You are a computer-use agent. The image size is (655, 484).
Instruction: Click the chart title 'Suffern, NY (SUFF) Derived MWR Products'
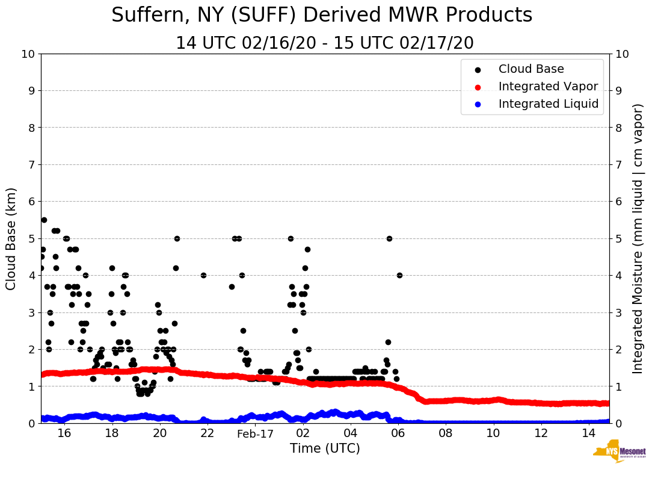click(x=322, y=15)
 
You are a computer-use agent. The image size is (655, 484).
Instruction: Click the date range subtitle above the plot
click(x=325, y=43)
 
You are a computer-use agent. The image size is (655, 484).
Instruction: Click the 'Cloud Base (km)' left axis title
click(x=11, y=238)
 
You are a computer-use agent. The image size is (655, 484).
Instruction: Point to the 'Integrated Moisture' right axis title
click(x=638, y=238)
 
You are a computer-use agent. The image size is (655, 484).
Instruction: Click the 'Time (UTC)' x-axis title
click(x=325, y=448)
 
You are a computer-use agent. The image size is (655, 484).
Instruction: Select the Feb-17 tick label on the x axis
click(x=255, y=434)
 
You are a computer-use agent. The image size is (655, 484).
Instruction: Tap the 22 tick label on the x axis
click(x=208, y=434)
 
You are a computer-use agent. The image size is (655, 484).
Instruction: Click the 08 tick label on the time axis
click(x=446, y=434)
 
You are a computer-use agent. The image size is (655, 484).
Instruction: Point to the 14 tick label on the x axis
click(x=589, y=434)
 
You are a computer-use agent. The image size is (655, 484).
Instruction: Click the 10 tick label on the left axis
click(x=28, y=54)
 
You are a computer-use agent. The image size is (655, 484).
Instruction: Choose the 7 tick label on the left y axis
click(x=31, y=165)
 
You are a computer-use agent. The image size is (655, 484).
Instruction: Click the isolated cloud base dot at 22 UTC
click(x=203, y=275)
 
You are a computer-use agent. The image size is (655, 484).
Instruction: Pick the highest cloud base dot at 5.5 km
click(x=44, y=220)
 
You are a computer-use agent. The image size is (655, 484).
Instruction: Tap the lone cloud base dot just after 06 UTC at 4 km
click(x=399, y=275)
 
